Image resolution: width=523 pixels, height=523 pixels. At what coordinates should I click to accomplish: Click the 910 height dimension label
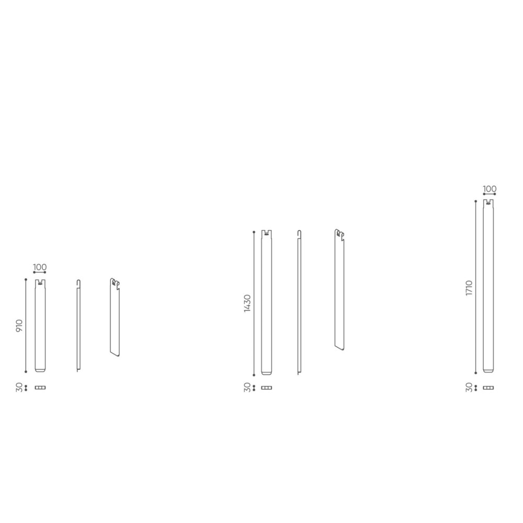tap(19, 325)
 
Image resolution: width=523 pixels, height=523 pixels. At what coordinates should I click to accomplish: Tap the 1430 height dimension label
tap(247, 303)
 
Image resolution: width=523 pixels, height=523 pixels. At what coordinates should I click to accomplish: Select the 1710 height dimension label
tap(469, 288)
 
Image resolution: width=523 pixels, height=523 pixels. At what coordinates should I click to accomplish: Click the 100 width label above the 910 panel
tap(40, 267)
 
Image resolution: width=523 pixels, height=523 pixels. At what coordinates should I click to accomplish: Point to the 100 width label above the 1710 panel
tap(490, 189)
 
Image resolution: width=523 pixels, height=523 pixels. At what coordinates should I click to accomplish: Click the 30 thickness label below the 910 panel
tap(19, 388)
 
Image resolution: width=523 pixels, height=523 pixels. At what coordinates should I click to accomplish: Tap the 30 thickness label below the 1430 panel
tap(247, 388)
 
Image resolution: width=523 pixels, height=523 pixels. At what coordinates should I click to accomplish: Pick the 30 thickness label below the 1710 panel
tap(469, 388)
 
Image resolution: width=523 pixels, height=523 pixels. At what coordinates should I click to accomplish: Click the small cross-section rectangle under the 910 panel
tap(40, 388)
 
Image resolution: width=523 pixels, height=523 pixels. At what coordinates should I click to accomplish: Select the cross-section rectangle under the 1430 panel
tap(267, 388)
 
